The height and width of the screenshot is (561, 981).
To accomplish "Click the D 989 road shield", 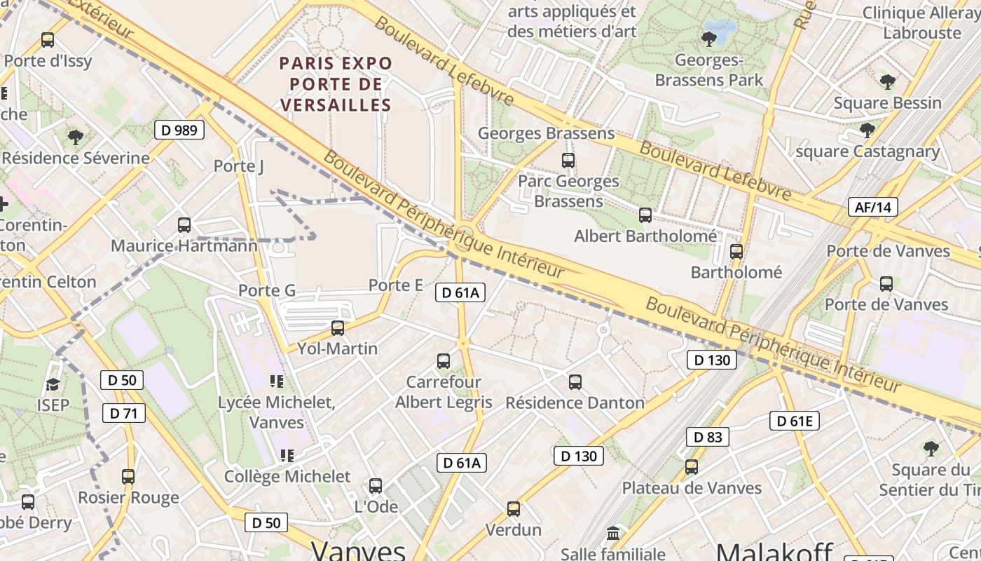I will click(179, 130).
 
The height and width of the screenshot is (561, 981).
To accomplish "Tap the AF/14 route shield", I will click(872, 207).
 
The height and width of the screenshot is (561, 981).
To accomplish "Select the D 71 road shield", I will click(124, 413).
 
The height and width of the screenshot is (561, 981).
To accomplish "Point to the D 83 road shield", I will click(707, 437).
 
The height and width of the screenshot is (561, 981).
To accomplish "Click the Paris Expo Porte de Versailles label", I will click(336, 84).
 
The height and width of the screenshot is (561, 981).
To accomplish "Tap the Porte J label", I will click(239, 166).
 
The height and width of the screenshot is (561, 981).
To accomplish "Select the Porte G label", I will click(267, 290).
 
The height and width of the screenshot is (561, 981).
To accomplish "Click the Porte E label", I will click(396, 285).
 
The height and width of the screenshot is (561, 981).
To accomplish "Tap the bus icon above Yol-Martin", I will click(338, 327).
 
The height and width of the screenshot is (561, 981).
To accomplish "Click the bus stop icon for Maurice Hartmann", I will click(184, 225).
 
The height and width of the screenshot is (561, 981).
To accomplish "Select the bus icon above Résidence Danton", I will click(575, 382).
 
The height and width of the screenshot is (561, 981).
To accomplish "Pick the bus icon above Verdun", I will click(514, 509).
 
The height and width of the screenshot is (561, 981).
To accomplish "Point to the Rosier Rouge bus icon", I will click(128, 477).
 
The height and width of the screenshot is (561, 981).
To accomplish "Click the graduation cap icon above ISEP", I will click(53, 384).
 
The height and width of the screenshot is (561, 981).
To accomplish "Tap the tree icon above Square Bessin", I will click(888, 82).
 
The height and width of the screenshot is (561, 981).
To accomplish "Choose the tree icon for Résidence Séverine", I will click(76, 137).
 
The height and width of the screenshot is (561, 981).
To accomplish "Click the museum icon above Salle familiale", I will click(613, 534).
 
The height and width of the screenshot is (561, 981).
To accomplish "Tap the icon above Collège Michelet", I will click(287, 456).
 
